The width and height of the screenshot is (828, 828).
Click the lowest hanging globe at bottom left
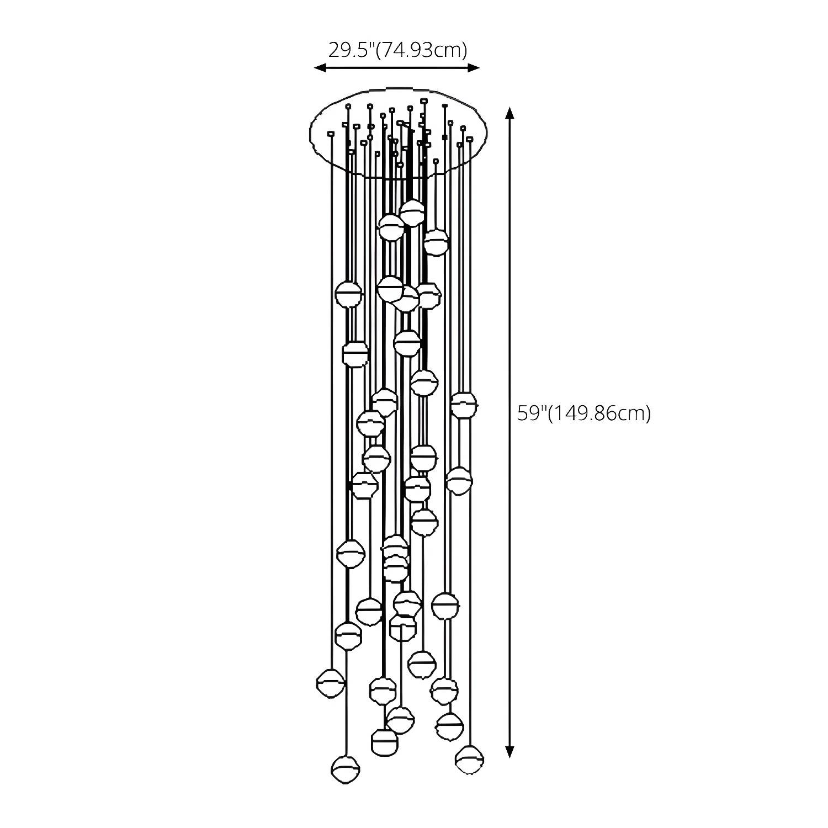click(x=346, y=769)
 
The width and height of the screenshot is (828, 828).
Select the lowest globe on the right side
click(x=470, y=760)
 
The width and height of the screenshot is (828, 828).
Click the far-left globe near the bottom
click(x=331, y=683)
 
